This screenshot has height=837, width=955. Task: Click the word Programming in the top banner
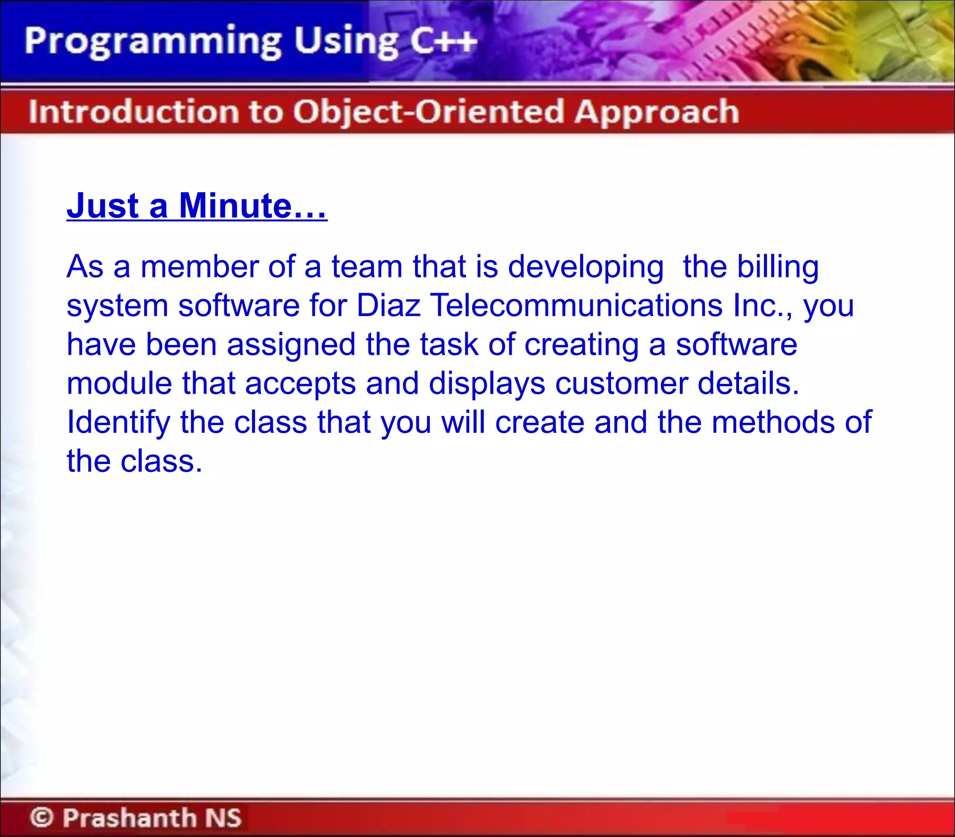pyautogui.click(x=152, y=42)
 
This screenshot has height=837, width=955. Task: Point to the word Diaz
pyautogui.click(x=388, y=305)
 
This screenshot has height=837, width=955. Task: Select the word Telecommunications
pyautogui.click(x=576, y=305)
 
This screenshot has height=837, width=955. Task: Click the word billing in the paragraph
pyautogui.click(x=777, y=267)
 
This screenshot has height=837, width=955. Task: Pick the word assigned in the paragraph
pyautogui.click(x=291, y=345)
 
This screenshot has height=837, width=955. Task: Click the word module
pyautogui.click(x=119, y=383)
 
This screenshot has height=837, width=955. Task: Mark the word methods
pyautogui.click(x=772, y=422)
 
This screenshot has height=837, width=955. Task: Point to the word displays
pyautogui.click(x=487, y=384)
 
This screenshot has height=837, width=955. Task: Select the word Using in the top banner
pyautogui.click(x=346, y=42)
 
